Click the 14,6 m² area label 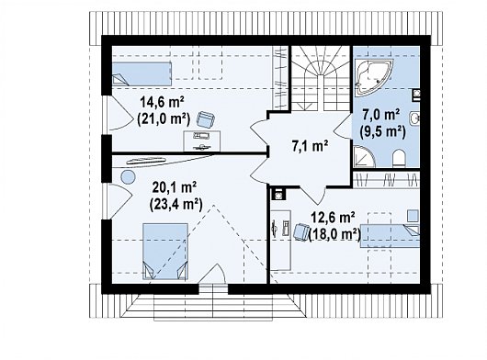pos(163,102)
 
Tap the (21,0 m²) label pos(164,118)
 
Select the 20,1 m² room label pos(175,187)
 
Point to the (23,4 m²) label pos(176,204)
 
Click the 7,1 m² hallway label pos(310,146)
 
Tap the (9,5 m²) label pos(383,132)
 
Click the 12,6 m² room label pos(334,219)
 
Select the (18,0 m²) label pos(334,234)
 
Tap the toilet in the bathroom pos(399,158)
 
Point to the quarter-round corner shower pos(364,157)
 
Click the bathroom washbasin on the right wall pos(414,118)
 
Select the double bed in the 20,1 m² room pos(164,252)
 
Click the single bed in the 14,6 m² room pos(142,73)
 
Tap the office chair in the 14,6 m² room pos(206,118)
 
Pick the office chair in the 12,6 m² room pos(301,231)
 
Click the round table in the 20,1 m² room pos(128,177)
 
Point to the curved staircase pos(321,78)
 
